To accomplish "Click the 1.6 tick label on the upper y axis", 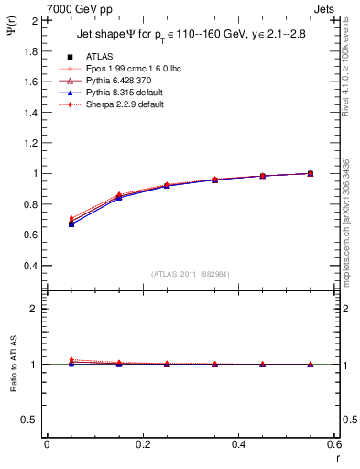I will point(27,82).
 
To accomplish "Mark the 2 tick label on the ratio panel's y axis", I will point(33,309).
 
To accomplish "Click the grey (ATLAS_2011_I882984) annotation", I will point(190,274).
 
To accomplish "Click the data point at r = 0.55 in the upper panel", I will point(310,173).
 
